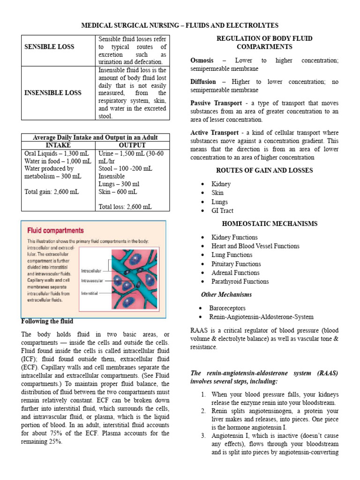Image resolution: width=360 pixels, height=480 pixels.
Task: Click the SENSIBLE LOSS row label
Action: (x=49, y=47)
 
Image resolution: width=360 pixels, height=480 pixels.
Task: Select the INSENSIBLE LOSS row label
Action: (x=53, y=92)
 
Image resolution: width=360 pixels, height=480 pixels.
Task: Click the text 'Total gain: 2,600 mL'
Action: (x=51, y=191)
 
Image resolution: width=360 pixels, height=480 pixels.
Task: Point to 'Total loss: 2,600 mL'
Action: (x=125, y=206)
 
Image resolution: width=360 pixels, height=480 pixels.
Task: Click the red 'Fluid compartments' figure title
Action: (x=55, y=231)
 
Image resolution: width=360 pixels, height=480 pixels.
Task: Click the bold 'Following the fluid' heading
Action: (x=47, y=322)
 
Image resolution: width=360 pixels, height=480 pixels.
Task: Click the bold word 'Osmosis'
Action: (x=202, y=60)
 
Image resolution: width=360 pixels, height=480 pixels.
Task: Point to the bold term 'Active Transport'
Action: (x=212, y=133)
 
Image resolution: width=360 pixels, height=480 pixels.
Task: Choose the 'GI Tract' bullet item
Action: (x=222, y=211)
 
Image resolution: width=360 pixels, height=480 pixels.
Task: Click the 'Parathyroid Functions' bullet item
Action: (x=240, y=281)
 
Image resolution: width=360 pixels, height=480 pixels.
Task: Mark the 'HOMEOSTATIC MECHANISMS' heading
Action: (x=264, y=224)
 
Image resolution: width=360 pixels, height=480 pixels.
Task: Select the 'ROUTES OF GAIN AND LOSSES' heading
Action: (x=264, y=171)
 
